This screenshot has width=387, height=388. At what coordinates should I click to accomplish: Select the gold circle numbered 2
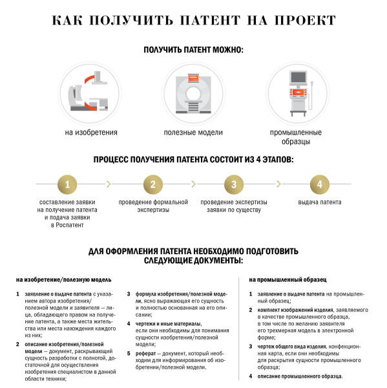pos(152,185)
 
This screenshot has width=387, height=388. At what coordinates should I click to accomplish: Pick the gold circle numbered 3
pos(234,185)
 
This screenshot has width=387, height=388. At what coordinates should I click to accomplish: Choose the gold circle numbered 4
pos(319,185)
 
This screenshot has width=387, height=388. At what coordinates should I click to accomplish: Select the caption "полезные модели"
pos(194,133)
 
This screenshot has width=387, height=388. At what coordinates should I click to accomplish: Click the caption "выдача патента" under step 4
pos(319,202)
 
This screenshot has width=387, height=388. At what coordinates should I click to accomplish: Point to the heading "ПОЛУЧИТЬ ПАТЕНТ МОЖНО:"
pos(194,50)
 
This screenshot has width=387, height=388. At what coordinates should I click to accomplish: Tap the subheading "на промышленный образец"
pos(288,280)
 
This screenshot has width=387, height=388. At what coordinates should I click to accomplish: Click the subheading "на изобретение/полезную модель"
pos(64,280)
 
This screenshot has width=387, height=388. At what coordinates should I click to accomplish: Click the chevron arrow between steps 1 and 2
pos(109,185)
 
